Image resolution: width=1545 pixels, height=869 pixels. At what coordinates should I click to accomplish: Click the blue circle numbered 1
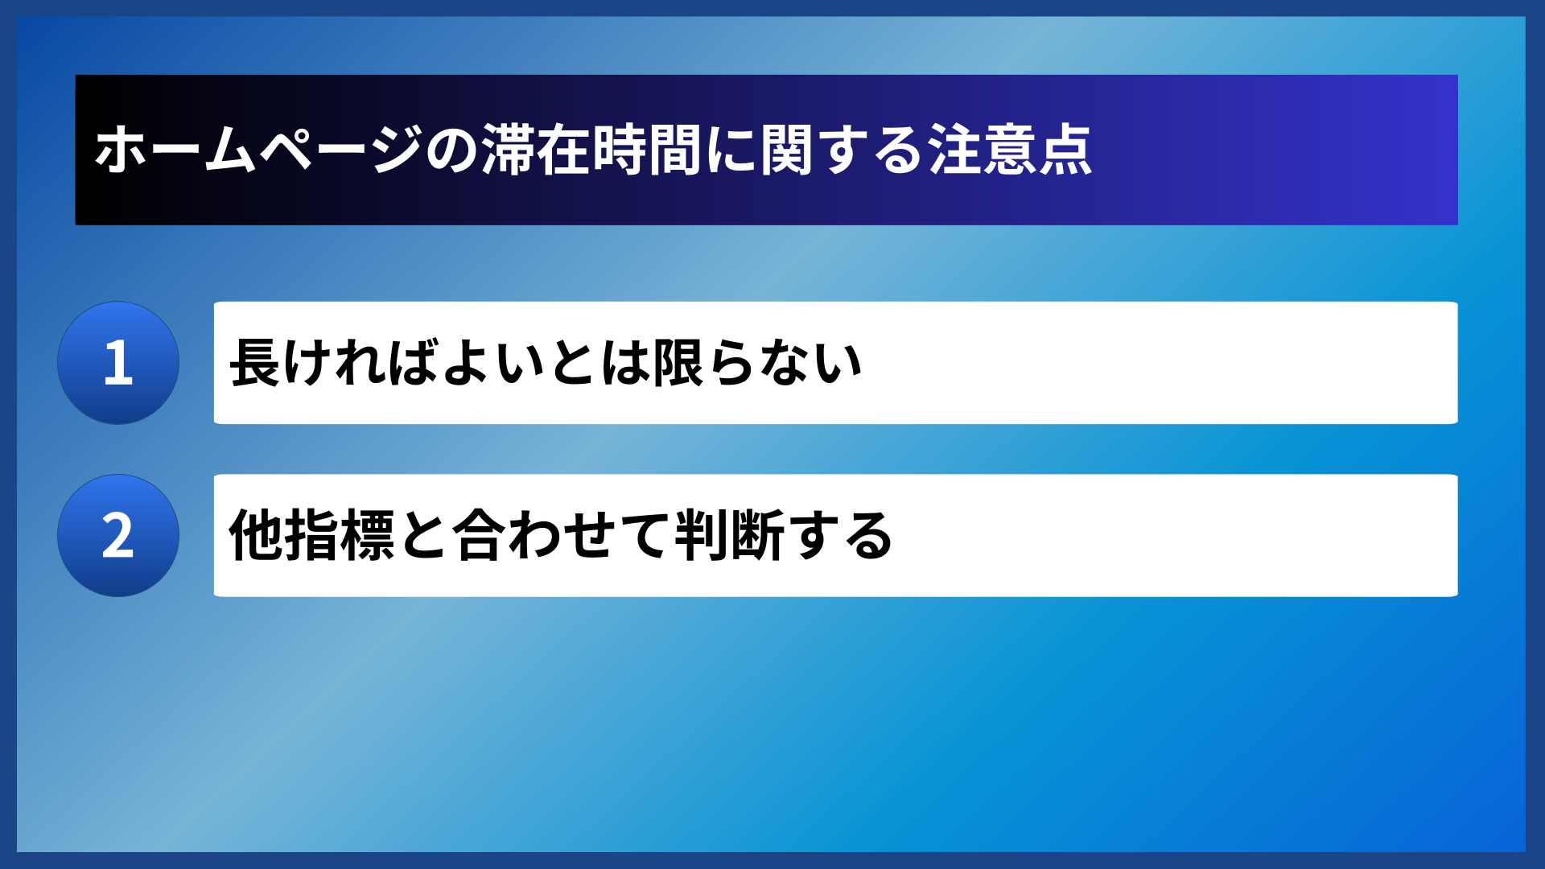[x=118, y=363]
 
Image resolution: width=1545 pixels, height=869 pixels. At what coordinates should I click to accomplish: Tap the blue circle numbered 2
[x=118, y=536]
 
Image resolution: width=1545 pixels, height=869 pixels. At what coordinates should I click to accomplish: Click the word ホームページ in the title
[x=257, y=150]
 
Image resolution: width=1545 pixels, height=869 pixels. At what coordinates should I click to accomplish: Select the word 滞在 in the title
[x=536, y=150]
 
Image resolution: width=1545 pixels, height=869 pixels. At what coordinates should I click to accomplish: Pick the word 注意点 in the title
[x=1011, y=150]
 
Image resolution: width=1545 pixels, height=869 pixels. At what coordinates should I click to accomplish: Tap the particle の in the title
[x=452, y=150]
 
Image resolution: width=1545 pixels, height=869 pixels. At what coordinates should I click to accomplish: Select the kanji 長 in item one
[x=255, y=364]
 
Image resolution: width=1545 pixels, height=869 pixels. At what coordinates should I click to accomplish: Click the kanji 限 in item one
[x=679, y=364]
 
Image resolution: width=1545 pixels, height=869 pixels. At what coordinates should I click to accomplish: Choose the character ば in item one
[x=414, y=364]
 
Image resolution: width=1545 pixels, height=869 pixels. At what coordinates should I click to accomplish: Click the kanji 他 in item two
[x=255, y=536]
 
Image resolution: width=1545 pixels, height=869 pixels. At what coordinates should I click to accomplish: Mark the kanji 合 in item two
[x=480, y=536]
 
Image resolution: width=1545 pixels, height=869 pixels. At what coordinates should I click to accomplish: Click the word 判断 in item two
[x=730, y=536]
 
